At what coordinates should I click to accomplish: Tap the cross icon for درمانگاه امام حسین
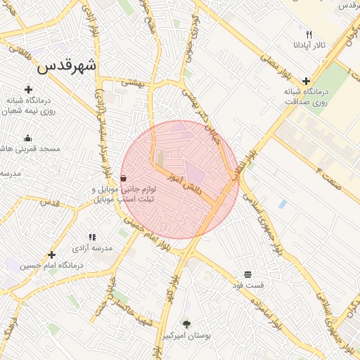[51, 255]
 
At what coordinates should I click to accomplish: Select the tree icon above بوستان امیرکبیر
[186, 324]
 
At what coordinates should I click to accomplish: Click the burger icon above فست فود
[247, 274]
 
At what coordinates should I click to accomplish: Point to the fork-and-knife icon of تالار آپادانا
[308, 34]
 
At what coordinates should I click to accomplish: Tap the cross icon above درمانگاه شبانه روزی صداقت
[306, 81]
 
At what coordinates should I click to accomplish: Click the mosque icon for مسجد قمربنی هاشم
[27, 138]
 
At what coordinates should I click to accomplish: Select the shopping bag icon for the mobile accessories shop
[124, 178]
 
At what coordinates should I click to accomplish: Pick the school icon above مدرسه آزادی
[92, 238]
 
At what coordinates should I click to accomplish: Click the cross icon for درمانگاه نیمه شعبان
[28, 89]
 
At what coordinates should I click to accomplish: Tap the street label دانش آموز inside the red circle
[184, 184]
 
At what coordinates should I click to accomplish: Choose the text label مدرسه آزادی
[93, 249]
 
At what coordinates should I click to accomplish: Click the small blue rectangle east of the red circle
[282, 204]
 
